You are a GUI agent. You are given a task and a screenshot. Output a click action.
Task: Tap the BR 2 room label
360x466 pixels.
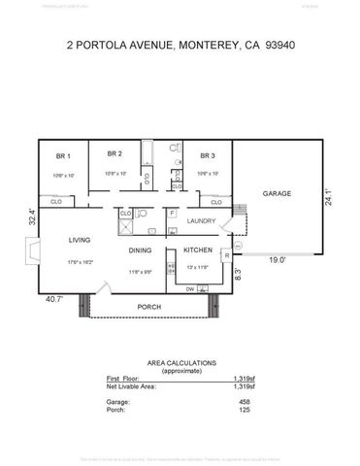click(115, 153)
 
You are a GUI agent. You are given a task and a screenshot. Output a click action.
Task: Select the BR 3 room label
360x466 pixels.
click(207, 156)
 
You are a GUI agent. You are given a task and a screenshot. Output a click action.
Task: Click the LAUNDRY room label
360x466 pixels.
click(201, 221)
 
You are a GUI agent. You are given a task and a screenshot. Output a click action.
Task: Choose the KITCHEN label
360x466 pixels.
click(198, 250)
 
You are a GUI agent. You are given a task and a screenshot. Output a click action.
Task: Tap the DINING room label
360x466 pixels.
click(141, 250)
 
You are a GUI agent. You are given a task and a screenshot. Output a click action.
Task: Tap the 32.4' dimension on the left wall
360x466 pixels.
click(33, 216)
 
